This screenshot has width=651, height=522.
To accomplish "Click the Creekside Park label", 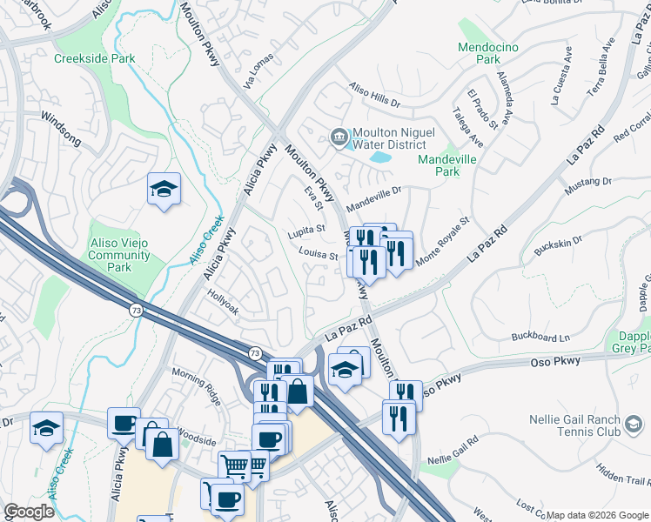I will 94,58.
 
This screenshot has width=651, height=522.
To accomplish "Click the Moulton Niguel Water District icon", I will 338,135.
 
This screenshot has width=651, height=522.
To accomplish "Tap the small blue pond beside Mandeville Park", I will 380,158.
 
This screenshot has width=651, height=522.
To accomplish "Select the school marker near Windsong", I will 163,191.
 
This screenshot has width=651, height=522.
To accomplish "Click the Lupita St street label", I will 306,231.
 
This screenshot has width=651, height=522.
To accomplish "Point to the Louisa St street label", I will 318,256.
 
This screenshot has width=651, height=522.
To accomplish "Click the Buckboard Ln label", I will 540,337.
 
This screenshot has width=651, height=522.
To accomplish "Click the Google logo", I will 29,512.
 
